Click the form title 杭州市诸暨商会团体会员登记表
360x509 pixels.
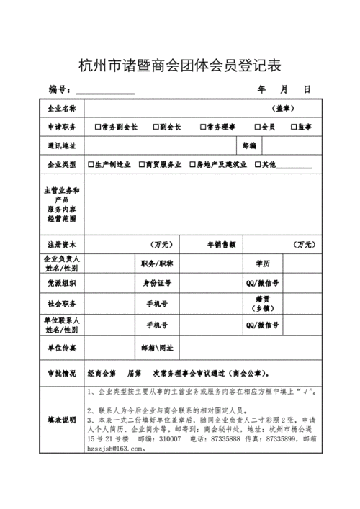pos(179,66)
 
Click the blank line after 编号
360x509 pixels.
pos(105,91)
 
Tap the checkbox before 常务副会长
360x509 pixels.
pos(98,127)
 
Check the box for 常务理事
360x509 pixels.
pos(201,127)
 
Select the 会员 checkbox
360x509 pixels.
pos(257,127)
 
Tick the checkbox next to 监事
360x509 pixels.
pos(293,127)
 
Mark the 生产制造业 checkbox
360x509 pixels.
pos(91,164)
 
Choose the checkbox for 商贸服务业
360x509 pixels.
pos(142,164)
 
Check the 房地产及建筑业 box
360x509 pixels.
pos(192,164)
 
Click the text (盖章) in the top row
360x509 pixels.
pos(282,108)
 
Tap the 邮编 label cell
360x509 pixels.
pos(248,145)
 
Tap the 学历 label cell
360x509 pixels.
pos(261,263)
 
